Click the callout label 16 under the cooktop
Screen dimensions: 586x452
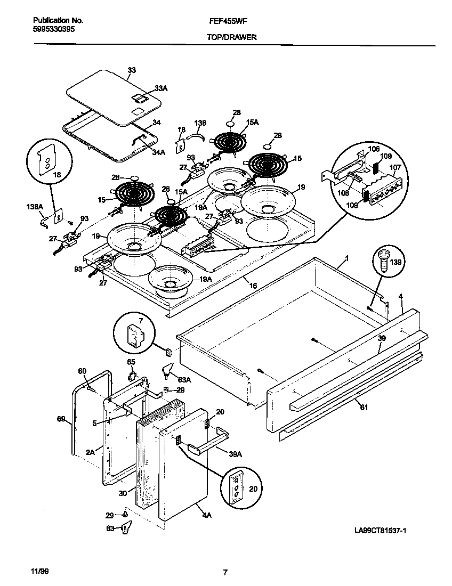click(253, 286)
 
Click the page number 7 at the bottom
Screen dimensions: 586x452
click(225, 573)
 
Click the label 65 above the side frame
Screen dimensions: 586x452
click(131, 363)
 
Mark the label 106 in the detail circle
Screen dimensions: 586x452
click(373, 149)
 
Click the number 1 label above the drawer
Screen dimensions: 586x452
click(346, 258)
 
